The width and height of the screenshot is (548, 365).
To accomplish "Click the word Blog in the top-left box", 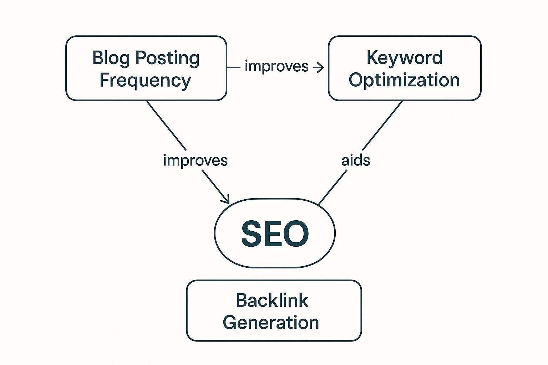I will coord(111,58).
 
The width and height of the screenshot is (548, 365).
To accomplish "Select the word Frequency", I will coord(145,81).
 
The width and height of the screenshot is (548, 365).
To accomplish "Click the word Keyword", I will coord(405,58).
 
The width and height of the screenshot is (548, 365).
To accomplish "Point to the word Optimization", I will coord(404,80).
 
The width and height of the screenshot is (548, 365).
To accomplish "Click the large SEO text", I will coord(275,233).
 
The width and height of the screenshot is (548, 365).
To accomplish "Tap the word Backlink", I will coord(272,300).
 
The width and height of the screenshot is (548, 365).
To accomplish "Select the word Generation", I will coord(271,323).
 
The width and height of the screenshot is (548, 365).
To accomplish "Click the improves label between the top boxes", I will coord(276,67).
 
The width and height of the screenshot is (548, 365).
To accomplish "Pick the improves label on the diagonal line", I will coord(195,160).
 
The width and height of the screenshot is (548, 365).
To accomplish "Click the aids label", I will coord(356,160).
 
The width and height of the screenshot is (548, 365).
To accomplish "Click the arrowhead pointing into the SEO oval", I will coord(226,200).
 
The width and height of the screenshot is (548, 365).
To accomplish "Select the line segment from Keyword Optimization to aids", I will coord(382,125).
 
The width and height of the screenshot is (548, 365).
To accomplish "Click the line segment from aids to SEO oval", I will coord(333,187).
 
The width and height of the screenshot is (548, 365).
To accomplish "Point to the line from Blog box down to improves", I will coord(166,125).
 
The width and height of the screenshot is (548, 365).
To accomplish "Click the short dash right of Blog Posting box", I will coord(234,67).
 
